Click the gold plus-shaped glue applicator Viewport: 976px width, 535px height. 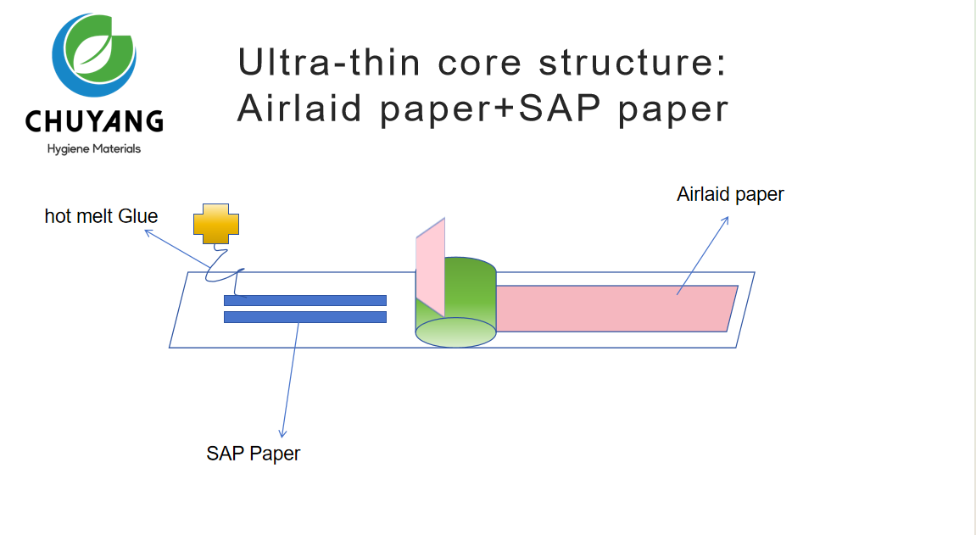pyautogui.click(x=216, y=224)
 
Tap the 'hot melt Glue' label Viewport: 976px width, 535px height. pyautogui.click(x=101, y=216)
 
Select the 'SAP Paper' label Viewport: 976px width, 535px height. pyautogui.click(x=253, y=454)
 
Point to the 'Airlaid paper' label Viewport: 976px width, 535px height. pyautogui.click(x=730, y=194)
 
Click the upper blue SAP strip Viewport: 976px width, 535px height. pyautogui.click(x=305, y=300)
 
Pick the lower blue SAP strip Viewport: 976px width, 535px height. pyautogui.click(x=305, y=317)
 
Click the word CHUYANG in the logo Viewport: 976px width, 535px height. pyautogui.click(x=94, y=122)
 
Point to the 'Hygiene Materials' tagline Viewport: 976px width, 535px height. pyautogui.click(x=94, y=149)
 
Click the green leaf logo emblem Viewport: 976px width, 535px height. pyautogui.click(x=94, y=55)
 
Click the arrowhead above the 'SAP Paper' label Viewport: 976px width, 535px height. pyautogui.click(x=283, y=434)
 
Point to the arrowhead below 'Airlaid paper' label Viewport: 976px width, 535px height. pyautogui.click(x=727, y=220)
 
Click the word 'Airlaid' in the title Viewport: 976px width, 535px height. pyautogui.click(x=300, y=109)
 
